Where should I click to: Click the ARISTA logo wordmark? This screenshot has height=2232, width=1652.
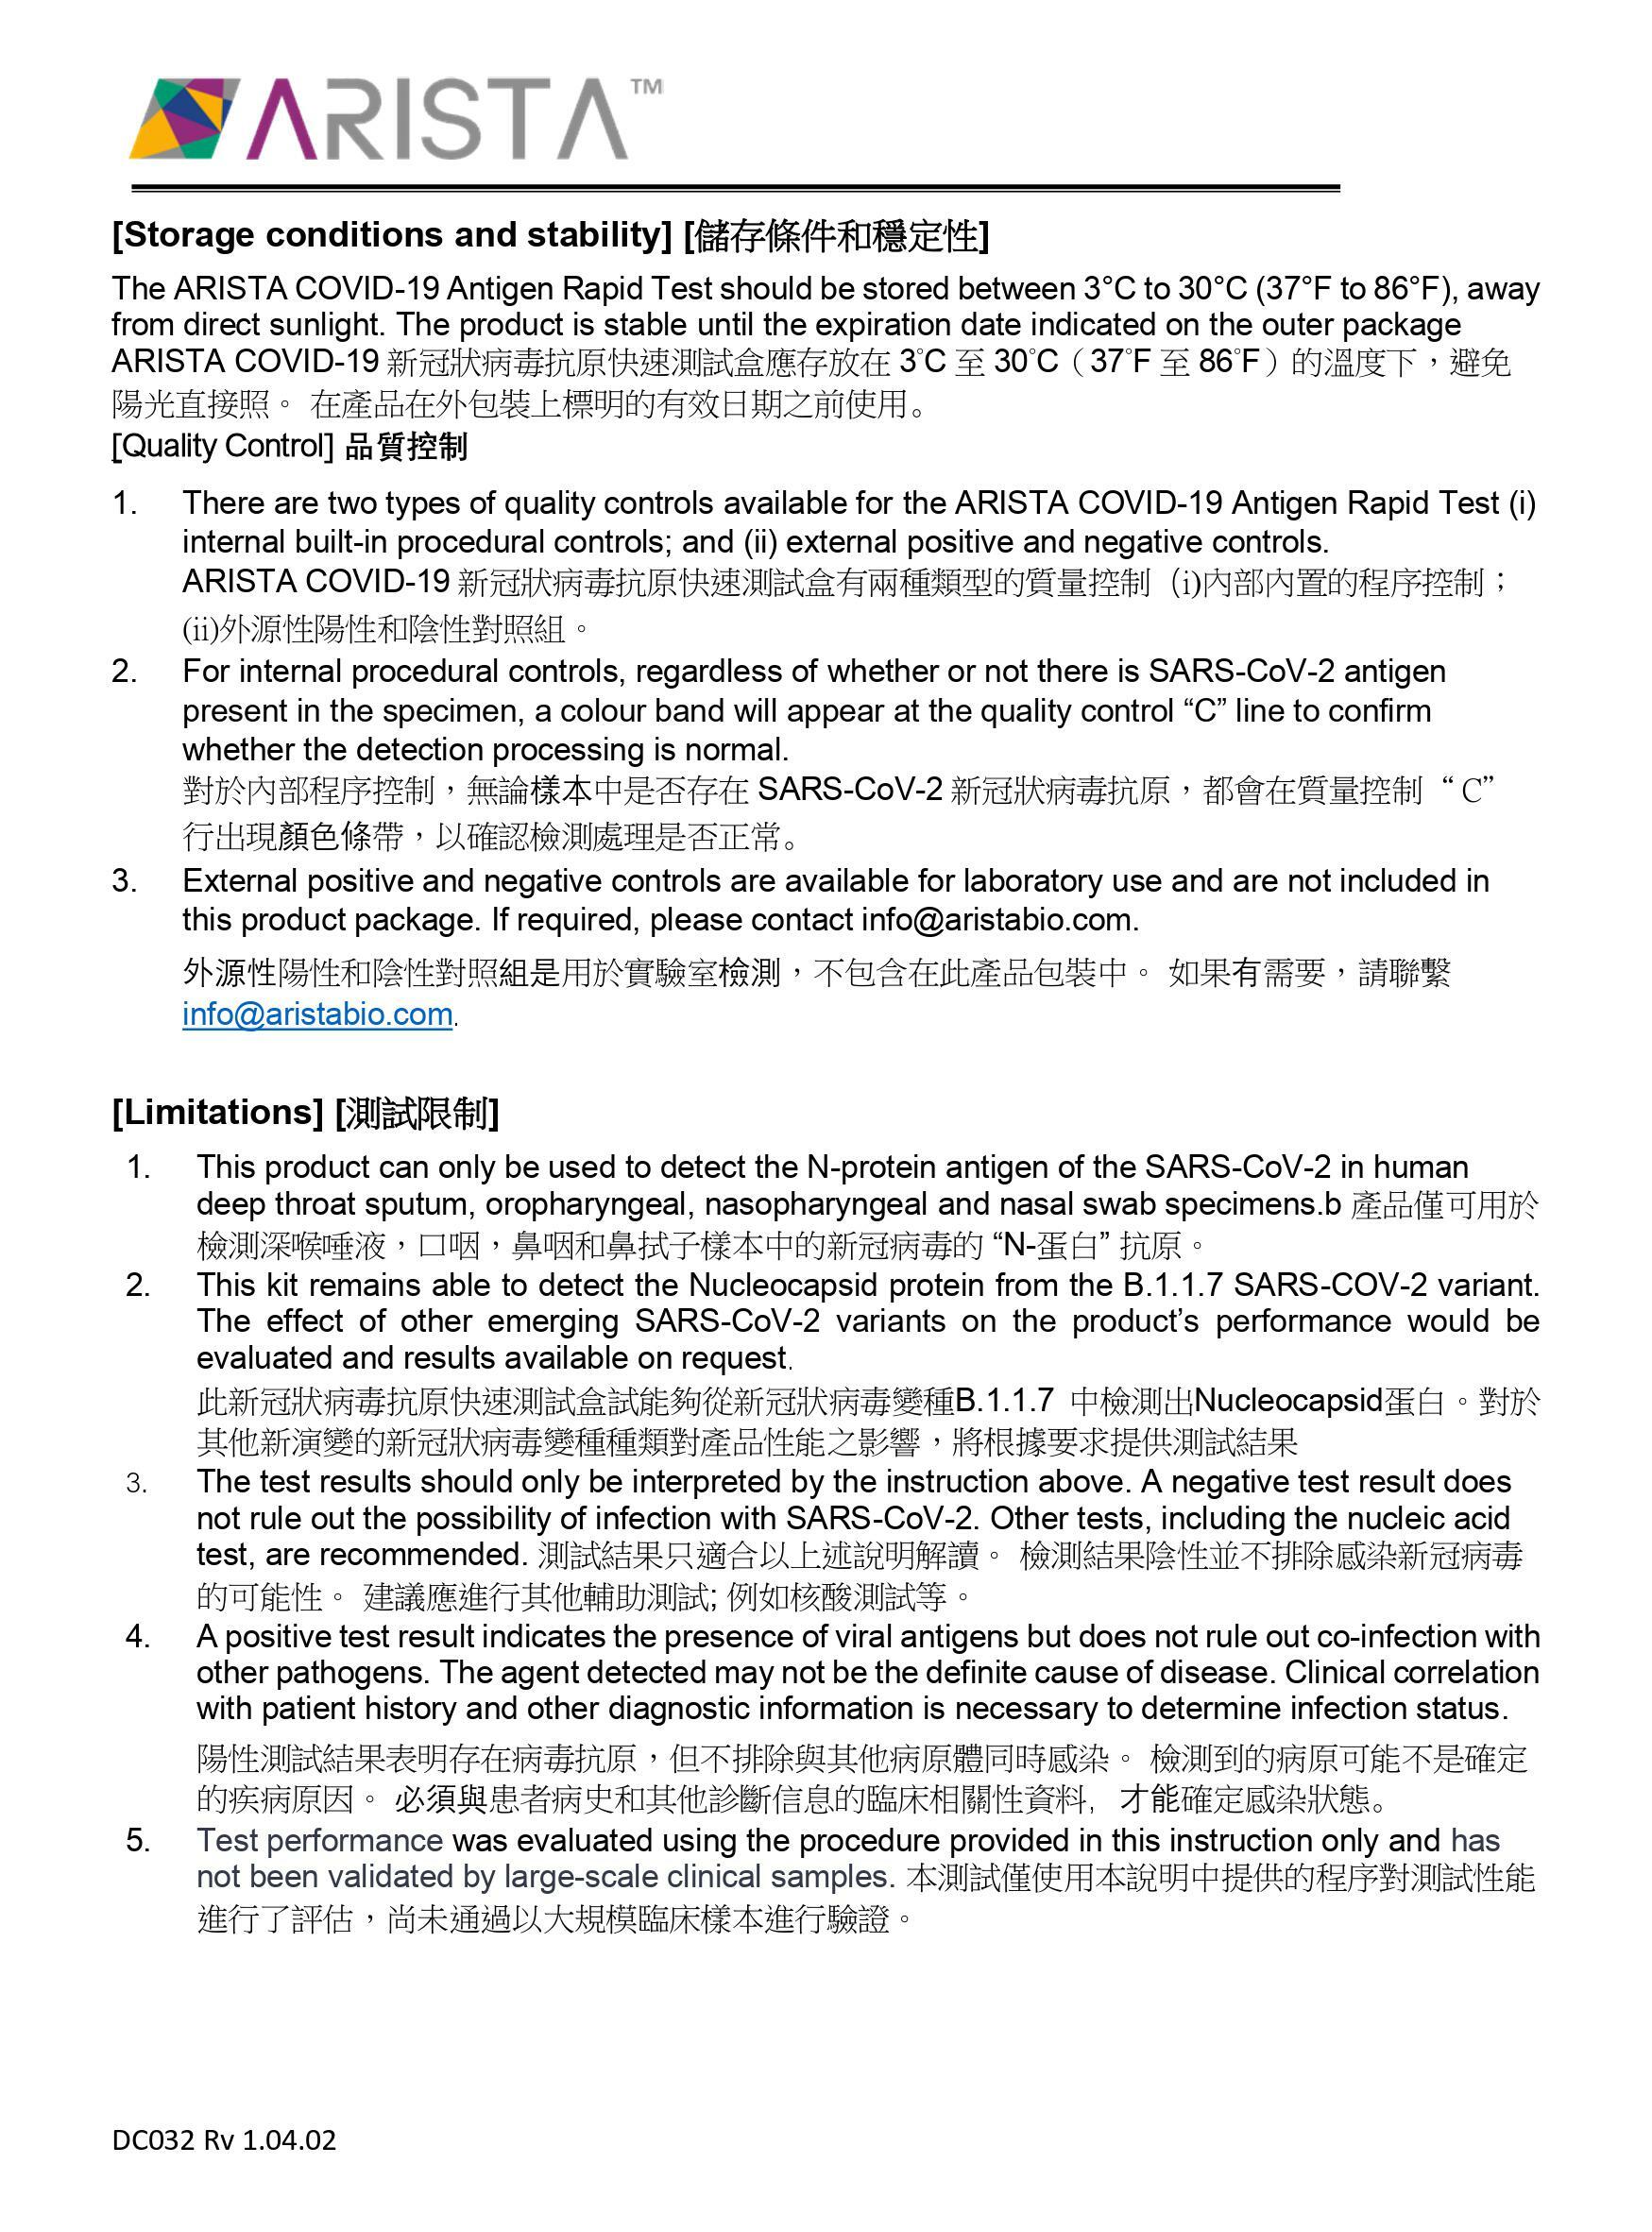pos(438,120)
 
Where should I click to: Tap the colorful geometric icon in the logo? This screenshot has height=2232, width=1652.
pos(185,119)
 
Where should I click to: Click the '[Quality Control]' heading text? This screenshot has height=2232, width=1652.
pos(222,446)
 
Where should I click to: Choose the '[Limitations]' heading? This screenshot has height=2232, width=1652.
pos(217,1112)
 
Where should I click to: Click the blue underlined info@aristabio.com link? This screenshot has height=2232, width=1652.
pos(317,1014)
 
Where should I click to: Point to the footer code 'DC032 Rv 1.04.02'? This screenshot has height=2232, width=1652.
pos(224,2140)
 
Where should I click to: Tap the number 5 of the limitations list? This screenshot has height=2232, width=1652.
pos(137,1841)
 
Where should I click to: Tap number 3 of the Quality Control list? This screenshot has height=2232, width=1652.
pos(124,881)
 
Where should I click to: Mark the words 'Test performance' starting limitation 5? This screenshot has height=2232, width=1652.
pos(319,1841)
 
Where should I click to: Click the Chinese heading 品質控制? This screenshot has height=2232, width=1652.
pos(406,446)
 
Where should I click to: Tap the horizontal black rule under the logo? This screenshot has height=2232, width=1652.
pos(735,188)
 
